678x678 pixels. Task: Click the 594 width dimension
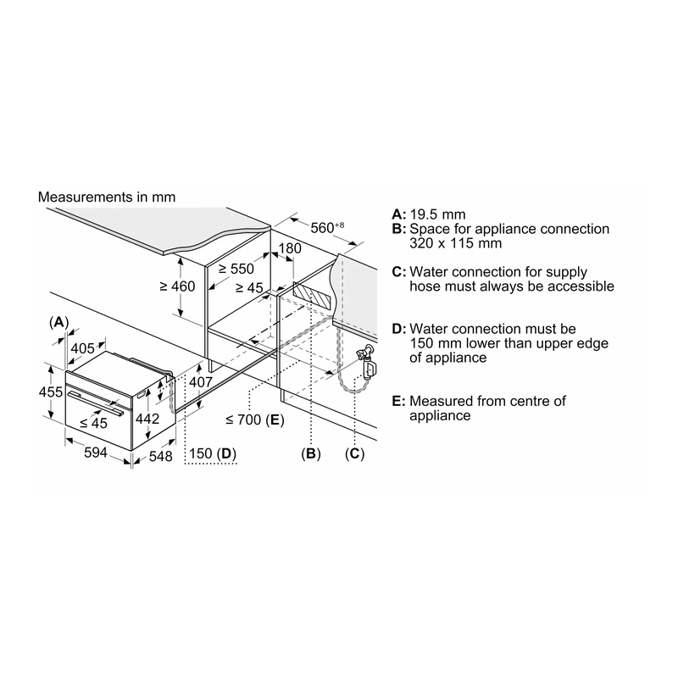[96, 453]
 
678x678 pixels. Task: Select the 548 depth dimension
[160, 456]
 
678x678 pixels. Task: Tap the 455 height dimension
[51, 392]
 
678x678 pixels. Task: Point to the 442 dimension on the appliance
[147, 419]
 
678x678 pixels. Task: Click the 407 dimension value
[201, 382]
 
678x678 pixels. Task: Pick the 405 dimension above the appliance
[82, 348]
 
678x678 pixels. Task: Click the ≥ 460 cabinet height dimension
[177, 286]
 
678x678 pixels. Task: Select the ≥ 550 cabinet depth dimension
[236, 269]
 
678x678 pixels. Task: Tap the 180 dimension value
[290, 248]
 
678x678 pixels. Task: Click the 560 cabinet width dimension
[327, 227]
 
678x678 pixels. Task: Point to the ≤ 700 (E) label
[255, 420]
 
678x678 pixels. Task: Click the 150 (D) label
[213, 453]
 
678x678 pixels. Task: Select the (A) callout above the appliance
[58, 322]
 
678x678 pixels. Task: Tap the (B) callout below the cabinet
[311, 453]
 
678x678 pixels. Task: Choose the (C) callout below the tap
[354, 453]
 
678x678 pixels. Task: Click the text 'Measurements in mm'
[107, 197]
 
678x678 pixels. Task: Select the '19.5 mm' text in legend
[437, 214]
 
